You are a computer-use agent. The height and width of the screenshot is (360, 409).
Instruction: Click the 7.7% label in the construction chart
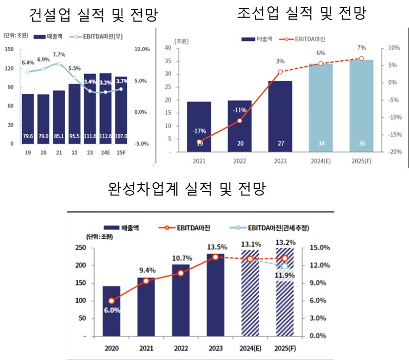click(x=59, y=55)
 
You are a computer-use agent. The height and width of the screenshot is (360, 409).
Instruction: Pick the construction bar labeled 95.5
click(x=74, y=114)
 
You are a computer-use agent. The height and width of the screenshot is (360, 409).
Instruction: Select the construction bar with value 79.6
click(x=28, y=119)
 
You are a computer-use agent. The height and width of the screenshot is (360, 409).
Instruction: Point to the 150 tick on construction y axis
click(x=9, y=49)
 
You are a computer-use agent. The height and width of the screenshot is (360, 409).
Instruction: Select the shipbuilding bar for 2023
click(x=280, y=117)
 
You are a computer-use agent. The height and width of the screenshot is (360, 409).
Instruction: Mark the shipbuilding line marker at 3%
click(x=280, y=72)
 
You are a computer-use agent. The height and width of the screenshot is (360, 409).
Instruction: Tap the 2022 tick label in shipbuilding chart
click(x=240, y=161)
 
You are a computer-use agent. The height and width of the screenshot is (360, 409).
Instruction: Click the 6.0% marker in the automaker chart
click(x=111, y=301)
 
